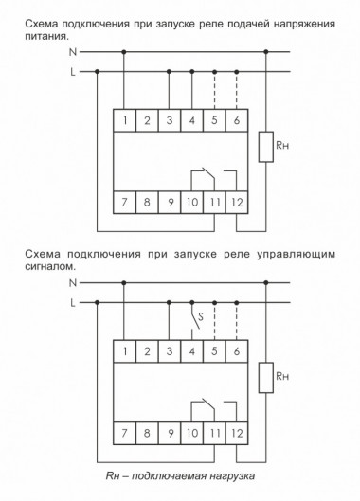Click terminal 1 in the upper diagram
point(125,120)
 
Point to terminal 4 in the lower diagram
point(192,351)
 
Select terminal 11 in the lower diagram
point(215,433)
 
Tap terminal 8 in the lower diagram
point(148,433)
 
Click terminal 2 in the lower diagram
point(148,351)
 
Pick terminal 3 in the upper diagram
point(170,120)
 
